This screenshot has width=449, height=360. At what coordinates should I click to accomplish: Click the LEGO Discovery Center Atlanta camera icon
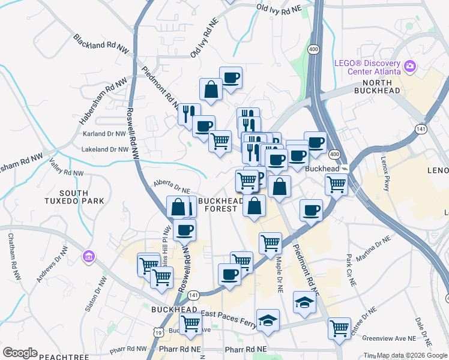[x=411, y=65]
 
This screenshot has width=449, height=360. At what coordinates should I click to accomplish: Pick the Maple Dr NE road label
[x=279, y=274]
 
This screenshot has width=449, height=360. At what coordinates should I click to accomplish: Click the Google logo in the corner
[x=20, y=353]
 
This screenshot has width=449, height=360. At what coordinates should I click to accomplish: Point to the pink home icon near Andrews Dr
[x=89, y=257]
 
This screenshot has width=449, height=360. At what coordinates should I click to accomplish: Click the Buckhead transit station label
[x=323, y=169]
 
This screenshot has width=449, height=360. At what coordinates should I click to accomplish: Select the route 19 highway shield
[x=157, y=331]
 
